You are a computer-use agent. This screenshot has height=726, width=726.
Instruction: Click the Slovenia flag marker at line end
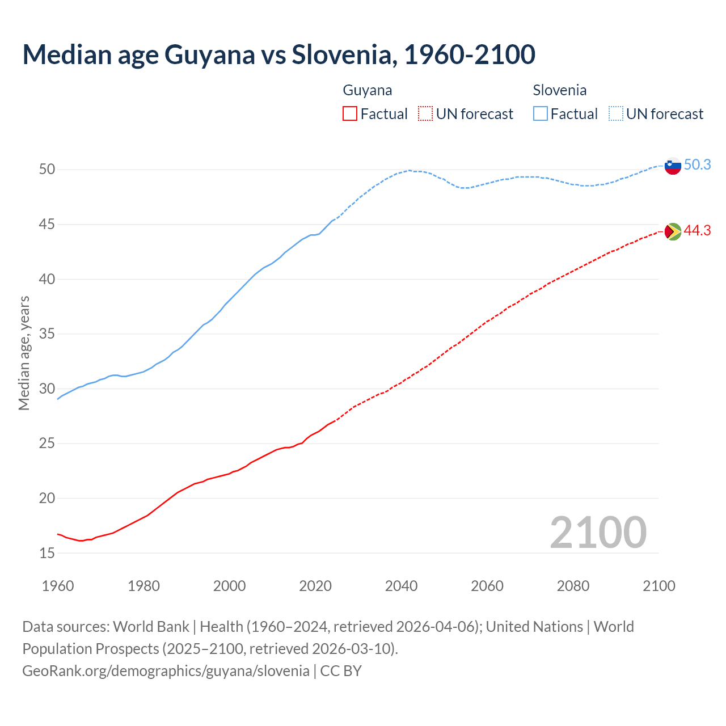tap(673, 166)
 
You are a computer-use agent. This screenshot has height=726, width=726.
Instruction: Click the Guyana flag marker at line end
tap(673, 231)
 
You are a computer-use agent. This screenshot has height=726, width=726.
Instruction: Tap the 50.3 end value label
tap(697, 164)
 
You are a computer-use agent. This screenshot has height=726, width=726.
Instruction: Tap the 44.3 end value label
tap(697, 230)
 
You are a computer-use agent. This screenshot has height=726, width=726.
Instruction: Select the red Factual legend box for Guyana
tap(350, 114)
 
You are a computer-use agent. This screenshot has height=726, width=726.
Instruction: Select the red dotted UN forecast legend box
tap(425, 114)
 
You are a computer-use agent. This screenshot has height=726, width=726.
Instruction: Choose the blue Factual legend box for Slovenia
tap(541, 114)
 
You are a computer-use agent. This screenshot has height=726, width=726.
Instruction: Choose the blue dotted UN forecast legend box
tap(615, 114)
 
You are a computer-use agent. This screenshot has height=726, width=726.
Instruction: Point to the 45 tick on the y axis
tap(47, 225)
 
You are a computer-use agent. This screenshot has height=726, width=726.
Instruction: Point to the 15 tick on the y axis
tap(47, 553)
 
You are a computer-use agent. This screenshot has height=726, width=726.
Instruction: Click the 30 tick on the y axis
tap(47, 389)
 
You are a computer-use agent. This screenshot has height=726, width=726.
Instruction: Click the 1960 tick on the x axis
tap(58, 586)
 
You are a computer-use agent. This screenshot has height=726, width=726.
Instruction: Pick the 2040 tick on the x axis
tap(401, 586)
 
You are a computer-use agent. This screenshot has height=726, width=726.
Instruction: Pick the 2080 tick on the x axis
tap(573, 586)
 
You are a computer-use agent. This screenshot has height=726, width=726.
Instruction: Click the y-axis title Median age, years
tap(24, 353)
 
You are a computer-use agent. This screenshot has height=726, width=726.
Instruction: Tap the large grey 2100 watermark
tap(598, 532)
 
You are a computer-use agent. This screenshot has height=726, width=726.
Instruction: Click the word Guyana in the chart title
tap(210, 54)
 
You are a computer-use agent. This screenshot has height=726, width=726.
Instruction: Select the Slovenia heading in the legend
tap(559, 90)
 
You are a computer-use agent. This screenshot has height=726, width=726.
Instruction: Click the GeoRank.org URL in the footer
tap(166, 671)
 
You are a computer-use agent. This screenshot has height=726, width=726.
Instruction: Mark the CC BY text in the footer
tap(341, 671)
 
